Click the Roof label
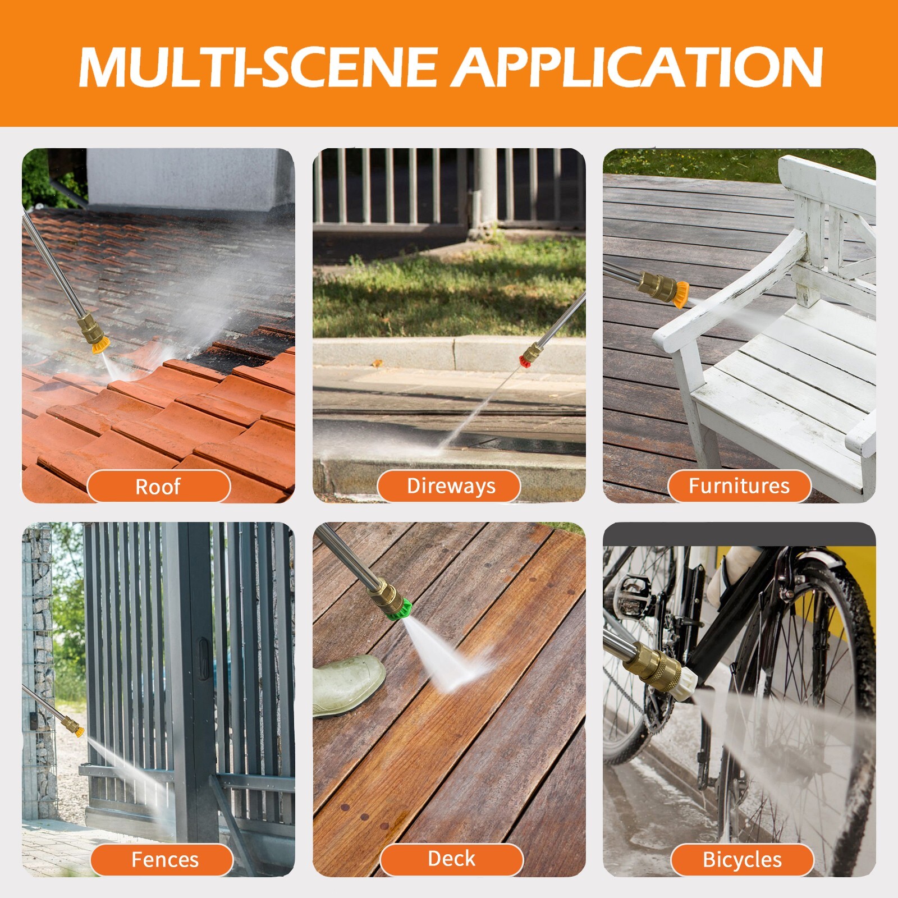coord(158,486)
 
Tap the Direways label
coord(451,486)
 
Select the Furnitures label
coord(739,486)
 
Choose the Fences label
coord(164,860)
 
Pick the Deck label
coord(451,859)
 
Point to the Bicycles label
coord(742,860)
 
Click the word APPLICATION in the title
coord(638,67)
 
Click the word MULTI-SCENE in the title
coord(258,67)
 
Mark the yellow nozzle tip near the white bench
coord(680,295)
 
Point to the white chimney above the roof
coord(191,178)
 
